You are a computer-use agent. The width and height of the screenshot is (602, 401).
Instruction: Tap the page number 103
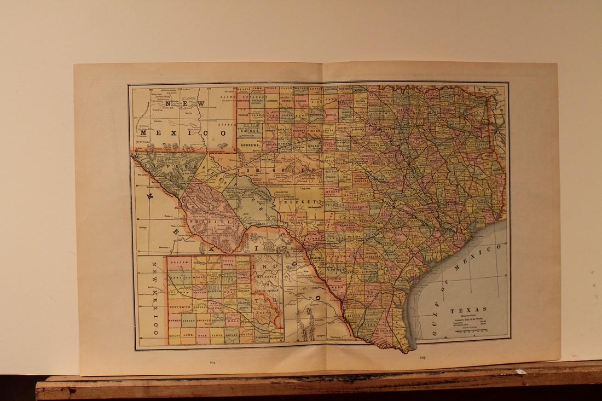click(x=422, y=357)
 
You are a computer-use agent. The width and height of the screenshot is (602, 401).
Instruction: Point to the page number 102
click(x=212, y=362)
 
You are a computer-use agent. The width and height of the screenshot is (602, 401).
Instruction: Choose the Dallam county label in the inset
click(x=180, y=263)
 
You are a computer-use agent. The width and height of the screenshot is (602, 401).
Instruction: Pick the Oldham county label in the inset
click(x=180, y=294)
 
